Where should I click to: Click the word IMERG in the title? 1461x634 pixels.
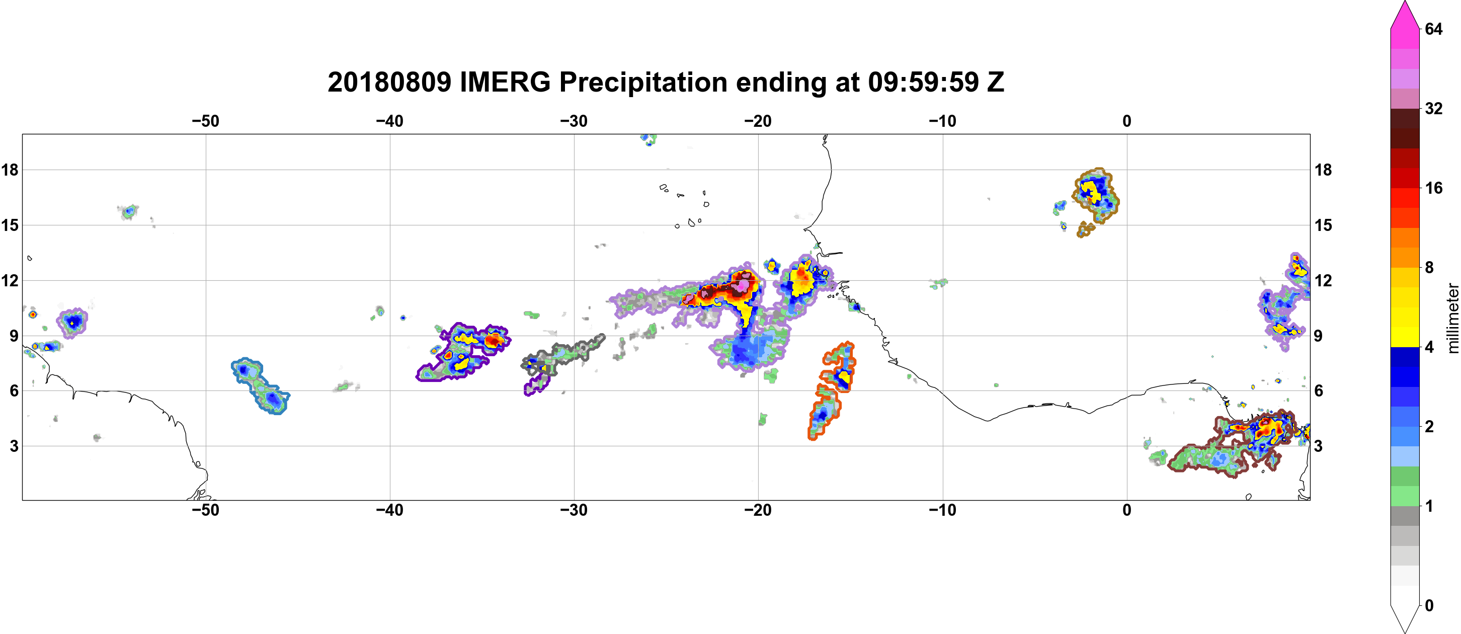click(505, 82)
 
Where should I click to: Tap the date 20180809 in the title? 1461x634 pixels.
click(389, 82)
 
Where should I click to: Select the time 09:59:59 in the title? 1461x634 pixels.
click(923, 82)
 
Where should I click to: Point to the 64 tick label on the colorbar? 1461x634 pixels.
click(1434, 29)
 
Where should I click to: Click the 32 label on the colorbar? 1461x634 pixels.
click(1434, 108)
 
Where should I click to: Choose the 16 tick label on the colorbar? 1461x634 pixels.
click(1434, 188)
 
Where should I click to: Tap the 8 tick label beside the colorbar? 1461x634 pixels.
click(1429, 267)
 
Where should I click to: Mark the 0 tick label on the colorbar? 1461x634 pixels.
click(1429, 606)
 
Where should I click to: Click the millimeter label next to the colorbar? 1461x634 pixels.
click(1452, 318)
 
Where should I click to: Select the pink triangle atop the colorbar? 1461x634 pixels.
click(1405, 15)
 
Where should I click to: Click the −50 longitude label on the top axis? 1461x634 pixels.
click(205, 121)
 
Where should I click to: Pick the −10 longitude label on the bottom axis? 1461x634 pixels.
click(943, 510)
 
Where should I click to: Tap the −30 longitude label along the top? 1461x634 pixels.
click(574, 121)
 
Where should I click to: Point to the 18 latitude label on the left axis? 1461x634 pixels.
click(10, 170)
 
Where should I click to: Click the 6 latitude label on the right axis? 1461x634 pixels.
click(1319, 391)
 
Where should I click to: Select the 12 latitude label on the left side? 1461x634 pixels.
click(10, 281)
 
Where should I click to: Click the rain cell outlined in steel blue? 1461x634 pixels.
click(261, 385)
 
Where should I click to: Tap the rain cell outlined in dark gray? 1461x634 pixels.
click(561, 354)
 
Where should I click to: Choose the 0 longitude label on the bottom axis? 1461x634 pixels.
click(1127, 510)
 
